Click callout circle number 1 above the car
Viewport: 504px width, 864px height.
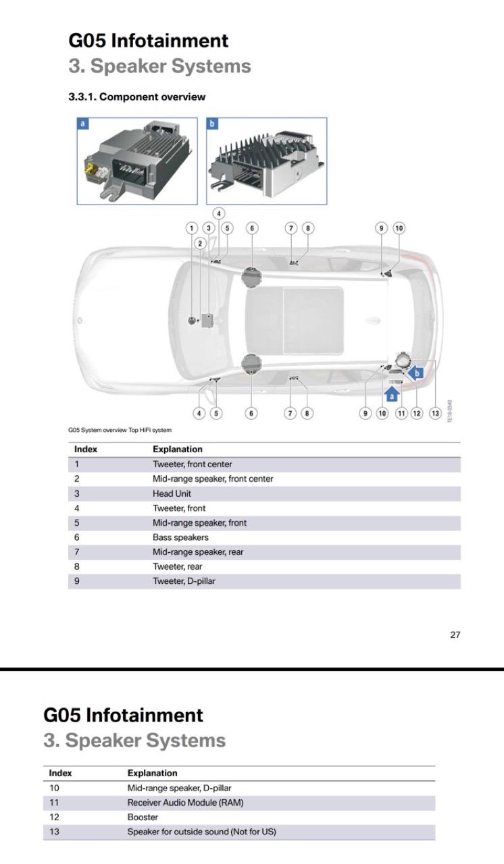(192, 228)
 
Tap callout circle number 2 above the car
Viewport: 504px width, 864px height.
(200, 243)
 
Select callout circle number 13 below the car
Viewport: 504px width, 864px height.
(435, 413)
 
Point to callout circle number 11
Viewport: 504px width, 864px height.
(401, 413)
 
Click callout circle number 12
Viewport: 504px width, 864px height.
(417, 413)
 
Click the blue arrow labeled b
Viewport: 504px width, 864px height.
(416, 372)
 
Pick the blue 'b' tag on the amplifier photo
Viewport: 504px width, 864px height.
(213, 124)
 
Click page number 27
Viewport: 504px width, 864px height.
(455, 634)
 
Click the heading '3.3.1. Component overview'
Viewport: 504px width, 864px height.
(136, 97)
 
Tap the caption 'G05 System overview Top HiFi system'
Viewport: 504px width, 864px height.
(120, 430)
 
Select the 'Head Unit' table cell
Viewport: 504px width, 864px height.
(172, 493)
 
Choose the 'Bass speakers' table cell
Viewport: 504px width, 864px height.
(180, 537)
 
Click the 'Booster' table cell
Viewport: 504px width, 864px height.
(143, 817)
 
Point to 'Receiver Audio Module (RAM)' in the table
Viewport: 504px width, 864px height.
(185, 803)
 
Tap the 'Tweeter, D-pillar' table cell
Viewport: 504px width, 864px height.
(184, 580)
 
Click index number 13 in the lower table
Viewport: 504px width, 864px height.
(54, 832)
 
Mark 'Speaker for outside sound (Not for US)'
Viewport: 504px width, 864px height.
(201, 832)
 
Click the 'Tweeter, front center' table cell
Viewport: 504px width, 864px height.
(192, 464)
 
